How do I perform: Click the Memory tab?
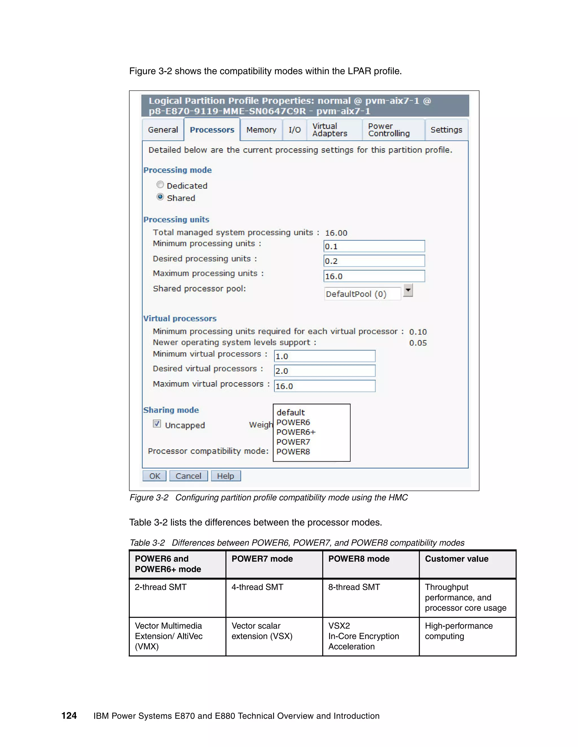click(261, 130)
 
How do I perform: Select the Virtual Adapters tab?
click(329, 130)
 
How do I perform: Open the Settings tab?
click(446, 130)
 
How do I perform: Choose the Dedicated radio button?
click(160, 185)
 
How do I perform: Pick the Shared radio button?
click(160, 197)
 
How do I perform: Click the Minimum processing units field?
click(374, 246)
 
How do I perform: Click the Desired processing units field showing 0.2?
click(374, 261)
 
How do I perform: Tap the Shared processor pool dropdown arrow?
click(408, 290)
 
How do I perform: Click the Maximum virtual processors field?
click(324, 386)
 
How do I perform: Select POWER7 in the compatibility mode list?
click(293, 442)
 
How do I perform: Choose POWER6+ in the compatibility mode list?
click(296, 432)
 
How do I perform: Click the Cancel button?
click(188, 476)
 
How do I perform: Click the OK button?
click(154, 476)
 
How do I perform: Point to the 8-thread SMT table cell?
click(354, 587)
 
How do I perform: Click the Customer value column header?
click(456, 559)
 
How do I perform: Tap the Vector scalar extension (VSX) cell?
click(262, 631)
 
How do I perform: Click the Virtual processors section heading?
click(180, 319)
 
